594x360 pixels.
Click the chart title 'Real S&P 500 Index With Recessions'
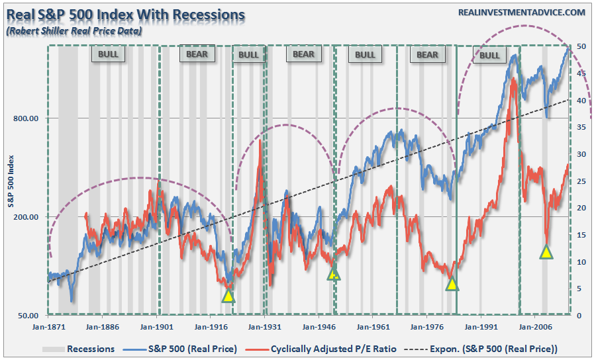point(124,14)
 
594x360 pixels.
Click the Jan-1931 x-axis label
point(265,326)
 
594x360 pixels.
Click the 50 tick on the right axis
point(580,46)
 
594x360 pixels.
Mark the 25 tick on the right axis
point(580,181)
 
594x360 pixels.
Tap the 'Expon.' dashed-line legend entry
point(491,349)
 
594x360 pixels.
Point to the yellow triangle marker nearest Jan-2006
point(546,251)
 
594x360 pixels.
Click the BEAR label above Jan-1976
point(427,54)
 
